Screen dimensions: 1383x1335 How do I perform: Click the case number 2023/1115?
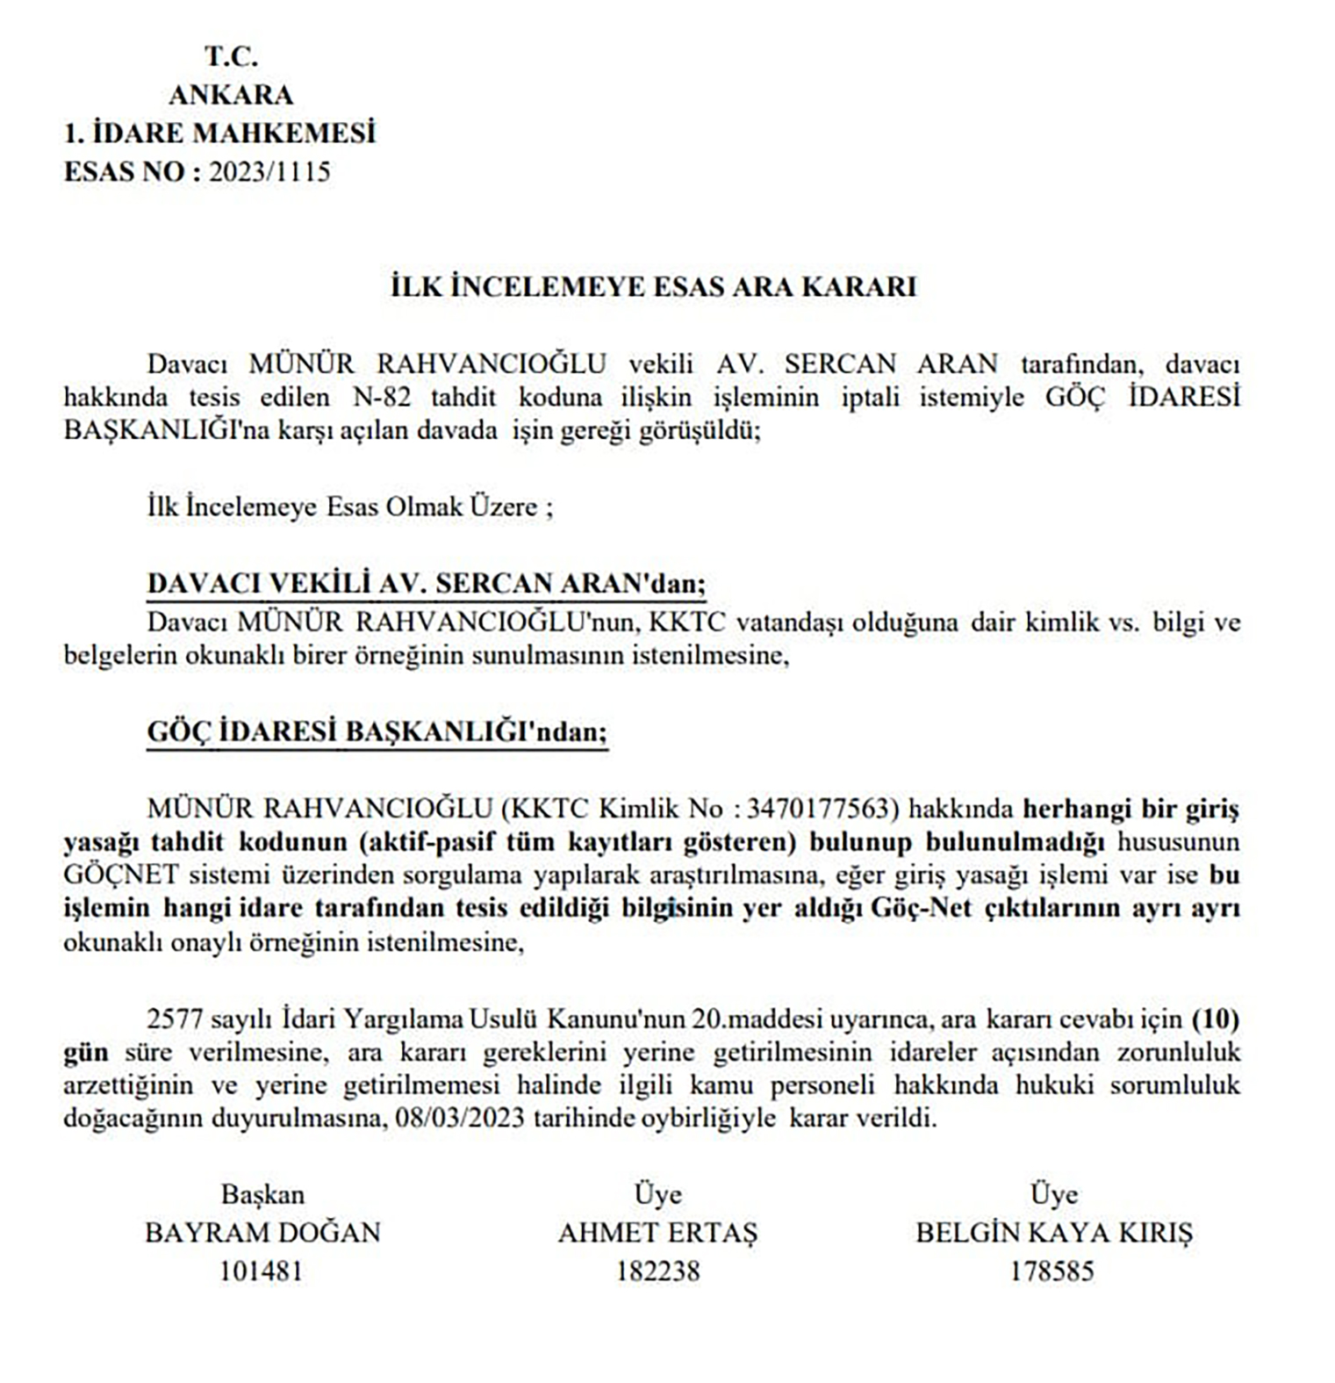coord(269,171)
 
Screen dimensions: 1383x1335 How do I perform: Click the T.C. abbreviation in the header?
coord(231,57)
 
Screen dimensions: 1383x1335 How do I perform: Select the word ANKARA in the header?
coord(231,95)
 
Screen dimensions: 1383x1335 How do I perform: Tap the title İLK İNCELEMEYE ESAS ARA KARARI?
coord(653,287)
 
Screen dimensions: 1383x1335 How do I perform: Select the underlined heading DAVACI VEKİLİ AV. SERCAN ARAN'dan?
coord(426,584)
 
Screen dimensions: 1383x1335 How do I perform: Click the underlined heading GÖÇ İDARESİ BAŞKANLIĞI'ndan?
coord(377,731)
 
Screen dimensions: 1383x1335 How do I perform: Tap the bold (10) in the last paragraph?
coord(1215,1019)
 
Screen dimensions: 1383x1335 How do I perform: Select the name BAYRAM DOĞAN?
coord(262,1233)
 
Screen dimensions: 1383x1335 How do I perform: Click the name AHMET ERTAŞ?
coord(657,1233)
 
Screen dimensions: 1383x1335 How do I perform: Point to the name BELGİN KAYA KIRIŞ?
coord(1054,1233)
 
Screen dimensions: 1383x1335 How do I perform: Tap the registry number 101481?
coord(261,1271)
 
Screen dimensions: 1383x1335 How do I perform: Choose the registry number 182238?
coord(657,1271)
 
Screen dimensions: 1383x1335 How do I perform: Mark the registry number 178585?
coord(1052,1271)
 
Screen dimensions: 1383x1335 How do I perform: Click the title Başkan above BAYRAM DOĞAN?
coord(262,1195)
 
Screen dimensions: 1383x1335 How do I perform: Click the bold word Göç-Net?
coord(921,908)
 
